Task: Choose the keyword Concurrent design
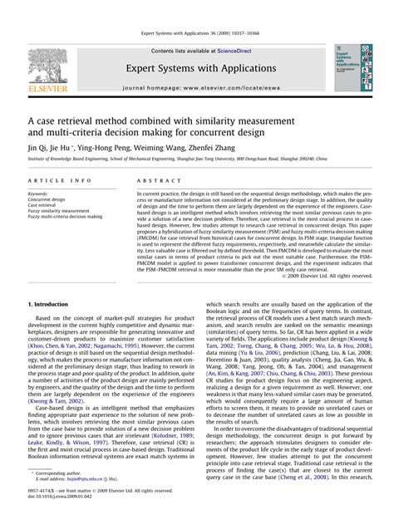pos(47,200)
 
